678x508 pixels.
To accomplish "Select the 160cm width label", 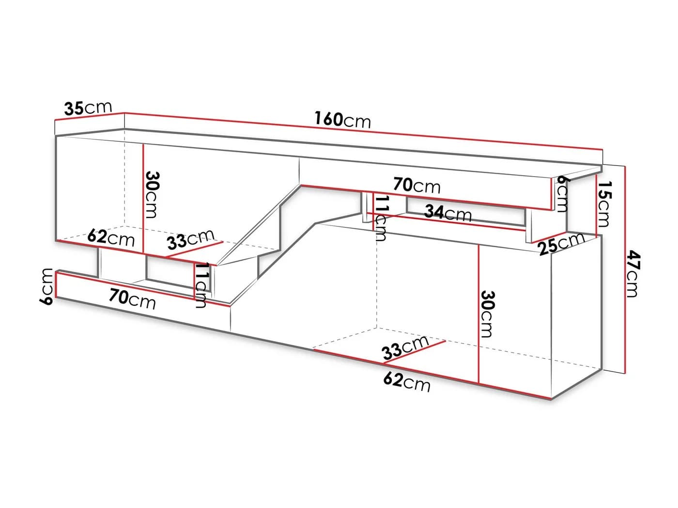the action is [342, 120].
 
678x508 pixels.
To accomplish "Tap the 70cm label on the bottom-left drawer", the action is [132, 299].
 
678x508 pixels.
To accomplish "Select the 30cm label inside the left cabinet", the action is [152, 194].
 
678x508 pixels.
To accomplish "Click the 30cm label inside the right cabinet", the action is [487, 314].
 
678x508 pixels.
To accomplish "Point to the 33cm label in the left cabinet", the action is [191, 239].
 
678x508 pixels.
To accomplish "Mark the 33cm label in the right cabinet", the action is [405, 347].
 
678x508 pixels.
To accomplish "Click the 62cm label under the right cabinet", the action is [407, 382].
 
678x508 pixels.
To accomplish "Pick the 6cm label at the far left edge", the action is [46, 286].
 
